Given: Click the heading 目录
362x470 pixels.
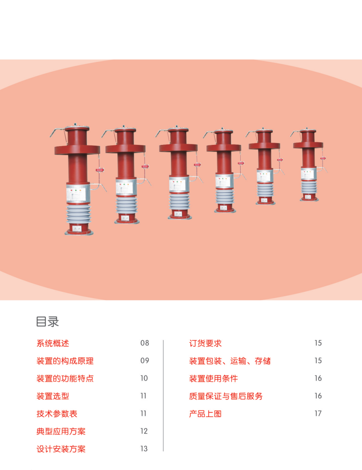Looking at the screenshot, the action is [x=47, y=322].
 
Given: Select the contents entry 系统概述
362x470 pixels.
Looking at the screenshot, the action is [x=53, y=343].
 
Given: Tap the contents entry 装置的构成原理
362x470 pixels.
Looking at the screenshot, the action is [x=65, y=361].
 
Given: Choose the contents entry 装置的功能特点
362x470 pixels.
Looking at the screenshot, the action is [x=65, y=379].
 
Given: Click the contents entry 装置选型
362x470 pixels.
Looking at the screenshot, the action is [x=53, y=396].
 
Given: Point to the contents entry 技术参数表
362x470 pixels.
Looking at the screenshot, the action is [x=57, y=414].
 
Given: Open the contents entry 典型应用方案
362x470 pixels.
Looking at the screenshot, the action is [x=61, y=432].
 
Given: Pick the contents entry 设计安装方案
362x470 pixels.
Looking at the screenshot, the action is [x=61, y=449].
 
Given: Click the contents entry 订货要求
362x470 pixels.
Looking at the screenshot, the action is [x=205, y=343].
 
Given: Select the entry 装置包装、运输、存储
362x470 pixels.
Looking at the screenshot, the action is [x=230, y=361].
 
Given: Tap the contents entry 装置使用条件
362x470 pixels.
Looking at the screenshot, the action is [x=213, y=379].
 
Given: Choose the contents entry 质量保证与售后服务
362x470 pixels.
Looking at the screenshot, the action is [x=226, y=396].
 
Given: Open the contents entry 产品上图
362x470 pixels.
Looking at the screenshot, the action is [x=205, y=414].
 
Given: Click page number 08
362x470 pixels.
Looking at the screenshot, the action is [x=145, y=343].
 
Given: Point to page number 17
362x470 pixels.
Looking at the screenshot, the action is [x=318, y=414].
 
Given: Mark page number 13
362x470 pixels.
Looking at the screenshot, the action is [x=144, y=449].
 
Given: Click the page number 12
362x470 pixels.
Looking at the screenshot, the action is [x=144, y=432].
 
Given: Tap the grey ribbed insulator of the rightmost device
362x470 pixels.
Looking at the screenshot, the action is [x=309, y=188].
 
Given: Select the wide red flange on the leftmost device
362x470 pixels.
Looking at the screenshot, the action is [x=77, y=149].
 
